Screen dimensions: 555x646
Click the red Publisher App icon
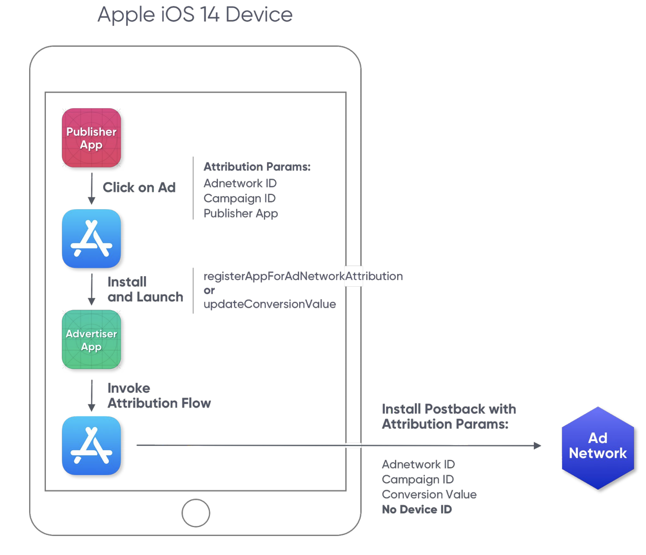coord(91,138)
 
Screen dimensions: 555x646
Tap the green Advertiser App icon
coord(91,340)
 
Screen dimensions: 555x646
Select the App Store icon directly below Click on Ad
coord(91,239)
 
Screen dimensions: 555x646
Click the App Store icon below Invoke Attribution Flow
coord(91,446)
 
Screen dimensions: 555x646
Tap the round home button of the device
coord(195,513)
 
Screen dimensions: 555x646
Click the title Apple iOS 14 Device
coord(195,15)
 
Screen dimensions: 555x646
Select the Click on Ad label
coord(139,187)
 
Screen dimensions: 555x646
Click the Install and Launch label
coord(145,289)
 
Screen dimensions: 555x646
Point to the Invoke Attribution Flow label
coord(159,396)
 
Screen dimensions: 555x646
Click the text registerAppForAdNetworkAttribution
coord(303,276)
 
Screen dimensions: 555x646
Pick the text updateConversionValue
coord(270,304)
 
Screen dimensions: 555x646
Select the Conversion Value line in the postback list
coord(429,495)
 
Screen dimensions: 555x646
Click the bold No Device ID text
coord(417,510)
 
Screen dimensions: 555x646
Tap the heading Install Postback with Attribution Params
coord(448,416)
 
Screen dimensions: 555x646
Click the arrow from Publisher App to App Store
coord(92,188)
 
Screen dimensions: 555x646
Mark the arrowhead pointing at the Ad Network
coord(537,446)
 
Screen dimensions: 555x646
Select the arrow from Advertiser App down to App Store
coord(92,395)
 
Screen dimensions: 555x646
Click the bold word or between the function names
coord(209,290)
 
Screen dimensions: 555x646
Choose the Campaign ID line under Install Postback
coord(417,480)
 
